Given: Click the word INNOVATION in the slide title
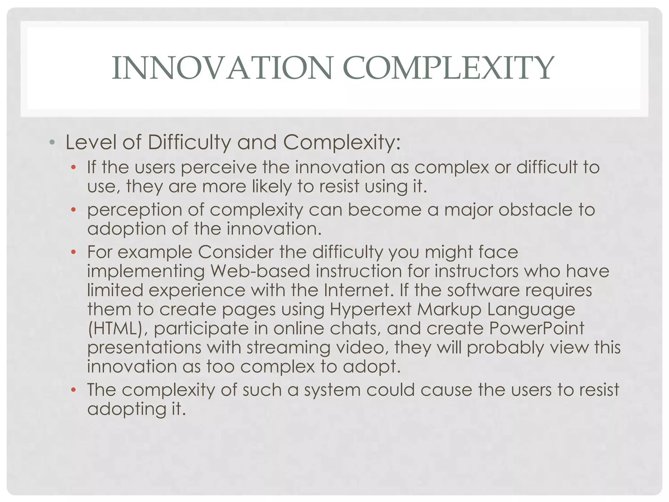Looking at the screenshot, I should click(222, 68).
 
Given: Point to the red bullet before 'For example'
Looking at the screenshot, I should click(73, 252).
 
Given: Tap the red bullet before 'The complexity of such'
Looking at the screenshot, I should click(73, 390).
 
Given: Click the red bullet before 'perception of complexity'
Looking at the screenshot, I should click(73, 209).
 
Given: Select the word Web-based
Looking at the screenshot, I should click(260, 271).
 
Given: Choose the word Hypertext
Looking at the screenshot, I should click(370, 310).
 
